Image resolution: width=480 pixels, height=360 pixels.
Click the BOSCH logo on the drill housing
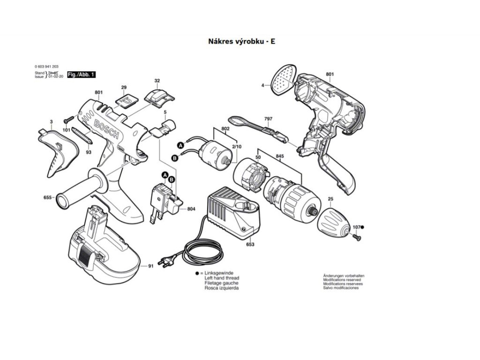click(107, 128)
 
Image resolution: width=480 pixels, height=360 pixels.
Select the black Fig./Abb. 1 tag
click(82, 75)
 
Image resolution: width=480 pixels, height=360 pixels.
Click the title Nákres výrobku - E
click(241, 41)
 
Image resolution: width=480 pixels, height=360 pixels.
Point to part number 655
click(47, 198)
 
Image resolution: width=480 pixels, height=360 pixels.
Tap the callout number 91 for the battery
click(151, 266)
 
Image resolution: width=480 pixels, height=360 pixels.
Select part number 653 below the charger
click(250, 244)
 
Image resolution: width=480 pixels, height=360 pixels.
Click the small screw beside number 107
click(356, 238)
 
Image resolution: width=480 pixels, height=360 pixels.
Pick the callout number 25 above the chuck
click(330, 200)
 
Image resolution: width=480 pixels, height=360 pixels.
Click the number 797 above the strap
click(268, 119)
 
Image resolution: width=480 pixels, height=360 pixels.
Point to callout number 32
click(157, 81)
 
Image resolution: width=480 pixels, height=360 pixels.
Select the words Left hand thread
click(222, 278)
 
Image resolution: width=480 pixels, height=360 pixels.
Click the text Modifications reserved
click(343, 280)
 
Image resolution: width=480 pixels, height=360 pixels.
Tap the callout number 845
click(279, 156)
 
